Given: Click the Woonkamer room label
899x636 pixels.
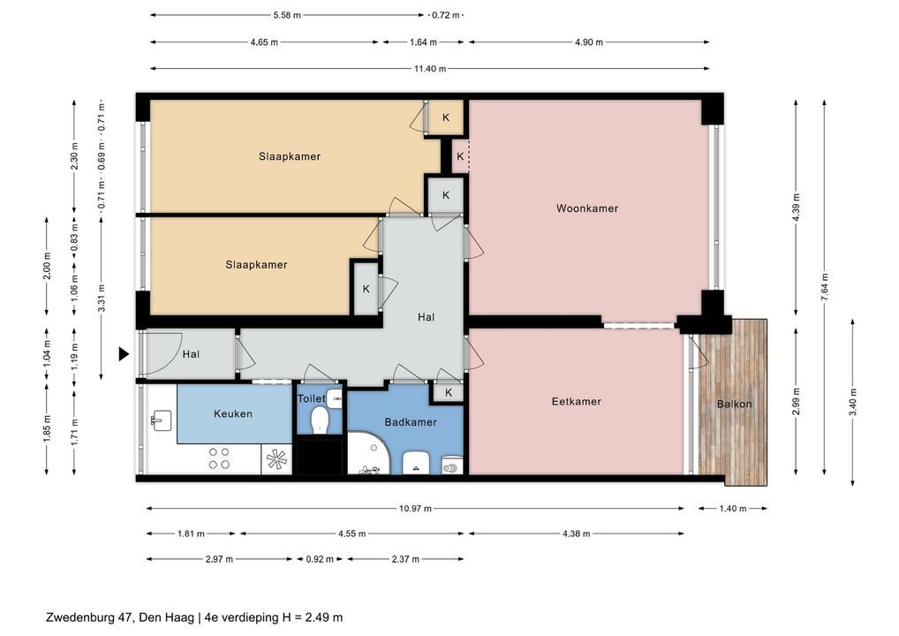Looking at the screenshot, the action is pyautogui.click(x=587, y=208).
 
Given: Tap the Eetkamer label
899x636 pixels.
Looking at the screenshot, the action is pyautogui.click(x=576, y=401).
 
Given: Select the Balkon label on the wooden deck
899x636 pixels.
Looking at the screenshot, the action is pyautogui.click(x=734, y=404).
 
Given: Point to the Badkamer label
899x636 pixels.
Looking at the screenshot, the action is pyautogui.click(x=411, y=422).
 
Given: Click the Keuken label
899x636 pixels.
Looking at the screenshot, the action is pyautogui.click(x=233, y=413).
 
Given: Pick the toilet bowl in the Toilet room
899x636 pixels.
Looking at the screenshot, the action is pyautogui.click(x=319, y=420).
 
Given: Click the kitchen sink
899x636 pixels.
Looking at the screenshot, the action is pyautogui.click(x=161, y=420).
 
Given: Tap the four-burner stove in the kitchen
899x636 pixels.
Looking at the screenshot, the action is pyautogui.click(x=219, y=458).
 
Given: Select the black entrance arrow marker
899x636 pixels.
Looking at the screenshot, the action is pyautogui.click(x=124, y=354).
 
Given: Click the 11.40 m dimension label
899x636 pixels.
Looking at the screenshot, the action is pyautogui.click(x=430, y=69).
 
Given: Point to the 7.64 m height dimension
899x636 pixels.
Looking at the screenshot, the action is pyautogui.click(x=825, y=287).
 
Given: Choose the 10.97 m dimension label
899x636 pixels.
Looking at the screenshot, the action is pyautogui.click(x=415, y=508).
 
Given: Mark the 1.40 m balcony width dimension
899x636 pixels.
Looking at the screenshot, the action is pyautogui.click(x=733, y=508).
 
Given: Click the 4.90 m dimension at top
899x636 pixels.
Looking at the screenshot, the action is pyautogui.click(x=589, y=42).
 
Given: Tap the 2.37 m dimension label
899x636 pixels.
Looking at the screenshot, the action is pyautogui.click(x=405, y=559).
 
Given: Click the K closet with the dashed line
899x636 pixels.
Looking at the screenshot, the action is pyautogui.click(x=460, y=156).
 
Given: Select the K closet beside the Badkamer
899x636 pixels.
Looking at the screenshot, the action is pyautogui.click(x=449, y=393).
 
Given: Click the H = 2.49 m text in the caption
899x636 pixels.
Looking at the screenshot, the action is pyautogui.click(x=313, y=617).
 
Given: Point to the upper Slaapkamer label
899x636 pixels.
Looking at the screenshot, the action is pyautogui.click(x=289, y=156).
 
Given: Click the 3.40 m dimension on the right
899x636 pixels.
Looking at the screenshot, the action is pyautogui.click(x=852, y=403).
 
